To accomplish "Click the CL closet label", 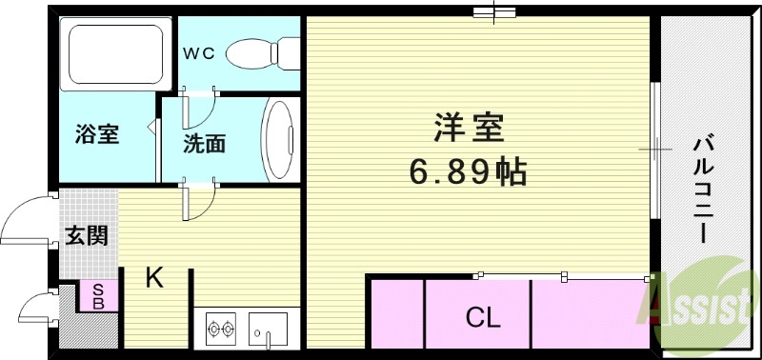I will [x=483, y=317].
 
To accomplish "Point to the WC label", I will [x=198, y=50].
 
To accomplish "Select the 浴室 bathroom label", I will [x=96, y=133].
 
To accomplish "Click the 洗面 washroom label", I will [x=204, y=144].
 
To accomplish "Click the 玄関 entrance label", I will [x=87, y=234].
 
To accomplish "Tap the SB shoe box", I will [x=97, y=296].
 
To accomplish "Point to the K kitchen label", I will [x=154, y=278].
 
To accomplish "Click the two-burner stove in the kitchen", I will [x=222, y=330].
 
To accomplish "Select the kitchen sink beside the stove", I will [x=272, y=330].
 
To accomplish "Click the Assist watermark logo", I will [x=697, y=305].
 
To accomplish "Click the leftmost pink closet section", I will [x=395, y=311].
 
